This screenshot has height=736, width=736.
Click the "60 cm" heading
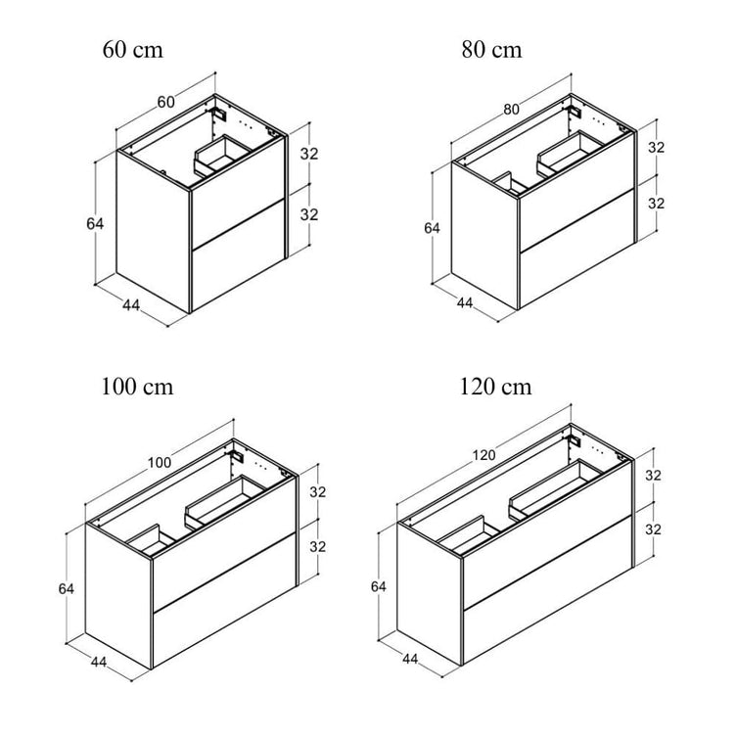pos(133,49)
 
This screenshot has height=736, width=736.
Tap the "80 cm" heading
pos(491,49)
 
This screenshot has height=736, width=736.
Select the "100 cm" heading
pos(137,387)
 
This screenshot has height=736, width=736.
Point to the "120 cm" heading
pos(495,387)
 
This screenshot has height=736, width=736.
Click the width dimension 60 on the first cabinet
pos(166,102)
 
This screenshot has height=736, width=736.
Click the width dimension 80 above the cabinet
pos(511,109)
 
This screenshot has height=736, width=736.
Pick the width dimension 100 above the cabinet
pos(160,462)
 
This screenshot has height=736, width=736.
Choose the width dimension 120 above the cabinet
pos(483,455)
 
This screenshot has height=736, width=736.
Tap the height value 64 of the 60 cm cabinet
pos(95,224)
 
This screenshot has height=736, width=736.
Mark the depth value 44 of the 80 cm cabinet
pos(465,302)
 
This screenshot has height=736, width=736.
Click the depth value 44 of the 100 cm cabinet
pos(99,662)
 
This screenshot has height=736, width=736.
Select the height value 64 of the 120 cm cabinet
pos(379,586)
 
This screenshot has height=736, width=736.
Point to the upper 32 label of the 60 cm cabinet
pos(309,154)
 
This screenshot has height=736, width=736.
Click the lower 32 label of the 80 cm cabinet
pos(656,204)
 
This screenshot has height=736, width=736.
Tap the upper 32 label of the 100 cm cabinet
pos(318,492)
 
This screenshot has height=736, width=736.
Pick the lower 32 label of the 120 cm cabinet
pos(653,529)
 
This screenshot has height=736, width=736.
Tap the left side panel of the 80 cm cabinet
pos(484,236)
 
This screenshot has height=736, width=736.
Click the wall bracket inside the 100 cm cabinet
pos(238,457)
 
